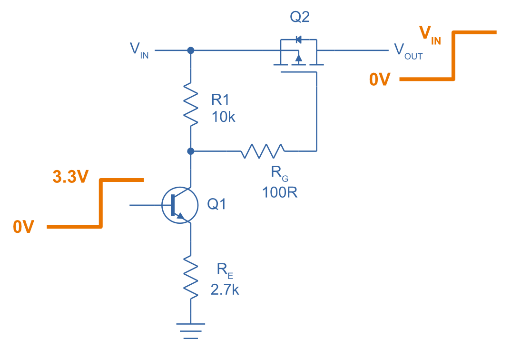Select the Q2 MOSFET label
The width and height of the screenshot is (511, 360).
[300, 18]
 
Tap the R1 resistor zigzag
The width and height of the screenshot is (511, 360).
[190, 103]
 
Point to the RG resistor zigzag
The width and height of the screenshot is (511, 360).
[263, 151]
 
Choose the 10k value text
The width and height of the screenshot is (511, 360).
[224, 117]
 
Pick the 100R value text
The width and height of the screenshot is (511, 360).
[280, 193]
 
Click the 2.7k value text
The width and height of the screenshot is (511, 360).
[225, 290]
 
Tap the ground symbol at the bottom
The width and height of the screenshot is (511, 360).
[190, 331]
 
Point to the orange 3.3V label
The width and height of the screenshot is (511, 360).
[70, 177]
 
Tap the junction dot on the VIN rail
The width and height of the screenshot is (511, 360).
[190, 50]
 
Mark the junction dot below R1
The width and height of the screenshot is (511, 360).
[190, 151]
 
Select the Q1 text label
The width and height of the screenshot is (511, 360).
[216, 205]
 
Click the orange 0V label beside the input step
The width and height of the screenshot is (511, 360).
[24, 227]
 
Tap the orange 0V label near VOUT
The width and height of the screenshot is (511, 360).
[380, 80]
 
